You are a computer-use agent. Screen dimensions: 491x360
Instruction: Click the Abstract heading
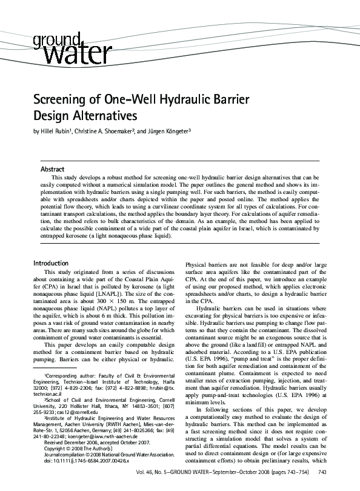(52, 169)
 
